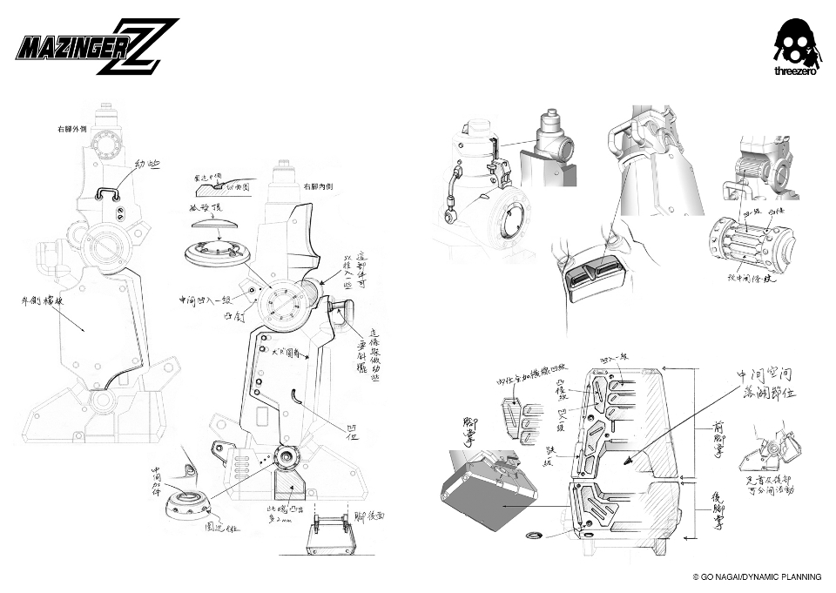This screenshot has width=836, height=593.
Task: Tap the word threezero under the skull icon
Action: (794, 72)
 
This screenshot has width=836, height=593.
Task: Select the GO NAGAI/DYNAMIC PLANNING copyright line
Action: (757, 576)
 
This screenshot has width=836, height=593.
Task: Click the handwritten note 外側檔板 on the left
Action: (53, 306)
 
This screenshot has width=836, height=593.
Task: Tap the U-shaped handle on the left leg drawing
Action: (111, 192)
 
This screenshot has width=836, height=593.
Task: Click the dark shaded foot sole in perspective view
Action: (493, 501)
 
